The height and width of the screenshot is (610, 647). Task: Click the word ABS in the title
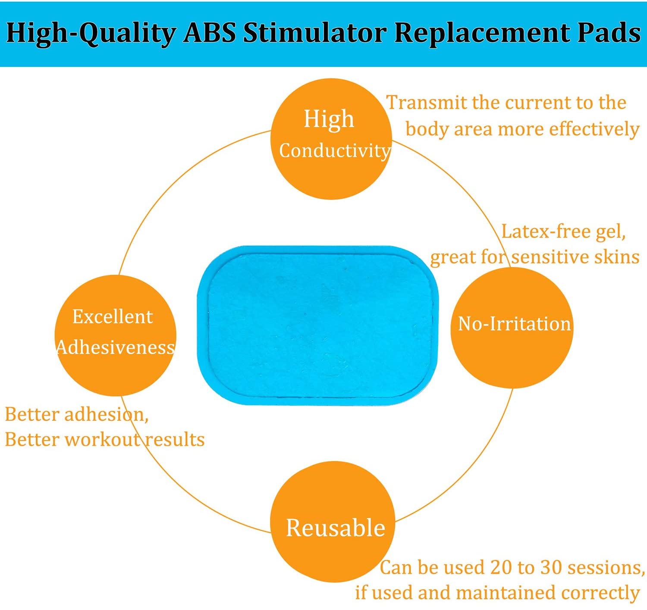[209, 33]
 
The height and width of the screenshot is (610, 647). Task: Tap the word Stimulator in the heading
[315, 33]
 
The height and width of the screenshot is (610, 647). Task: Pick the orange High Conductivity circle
[332, 139]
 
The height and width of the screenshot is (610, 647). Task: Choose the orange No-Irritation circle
[512, 328]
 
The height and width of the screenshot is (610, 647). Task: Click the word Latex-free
[540, 231]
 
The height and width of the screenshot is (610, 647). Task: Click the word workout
[103, 440]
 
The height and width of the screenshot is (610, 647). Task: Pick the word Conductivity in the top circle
[335, 151]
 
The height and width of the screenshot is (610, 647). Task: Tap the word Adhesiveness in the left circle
[116, 347]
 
